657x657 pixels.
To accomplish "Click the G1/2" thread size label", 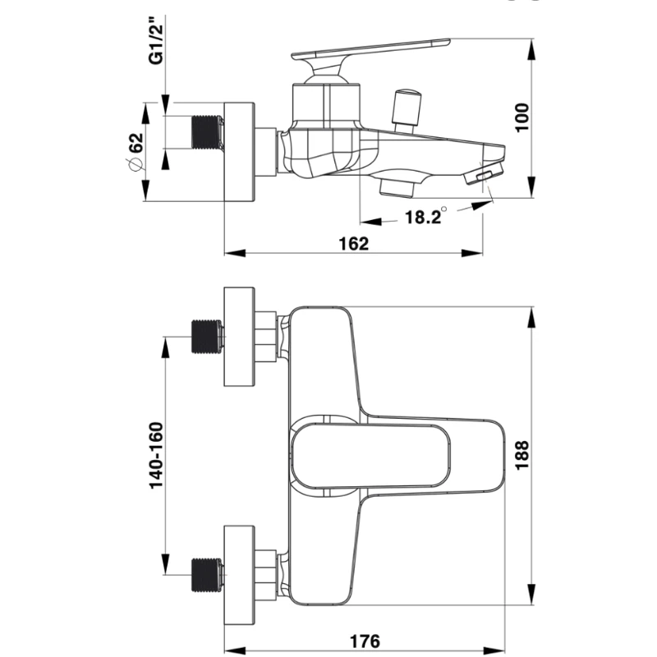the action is pos(156,40).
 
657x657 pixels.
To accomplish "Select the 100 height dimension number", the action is pos(521,117).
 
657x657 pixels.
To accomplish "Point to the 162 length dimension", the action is pos(354,243).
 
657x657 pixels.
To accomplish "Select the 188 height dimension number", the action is pos(521,456).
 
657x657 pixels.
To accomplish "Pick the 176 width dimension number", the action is pos(365,641).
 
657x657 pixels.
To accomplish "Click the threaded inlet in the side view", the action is pos(208,132).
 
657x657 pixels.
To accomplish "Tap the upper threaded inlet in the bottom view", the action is pos(208,337).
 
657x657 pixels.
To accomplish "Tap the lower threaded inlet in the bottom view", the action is pos(208,575).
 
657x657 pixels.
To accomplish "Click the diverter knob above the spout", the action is pos(407,110).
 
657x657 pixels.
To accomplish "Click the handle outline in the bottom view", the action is pos(371,456).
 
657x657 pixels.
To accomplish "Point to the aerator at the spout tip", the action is pos(483,175).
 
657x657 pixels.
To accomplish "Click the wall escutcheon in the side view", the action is pos(239,152).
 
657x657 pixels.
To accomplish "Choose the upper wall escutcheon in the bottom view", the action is pos(239,337).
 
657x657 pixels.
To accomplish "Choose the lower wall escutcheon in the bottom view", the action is pos(239,575).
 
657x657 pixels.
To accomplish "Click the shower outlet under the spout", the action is pos(397,187).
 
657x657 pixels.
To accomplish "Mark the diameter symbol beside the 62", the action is pos(136,165).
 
